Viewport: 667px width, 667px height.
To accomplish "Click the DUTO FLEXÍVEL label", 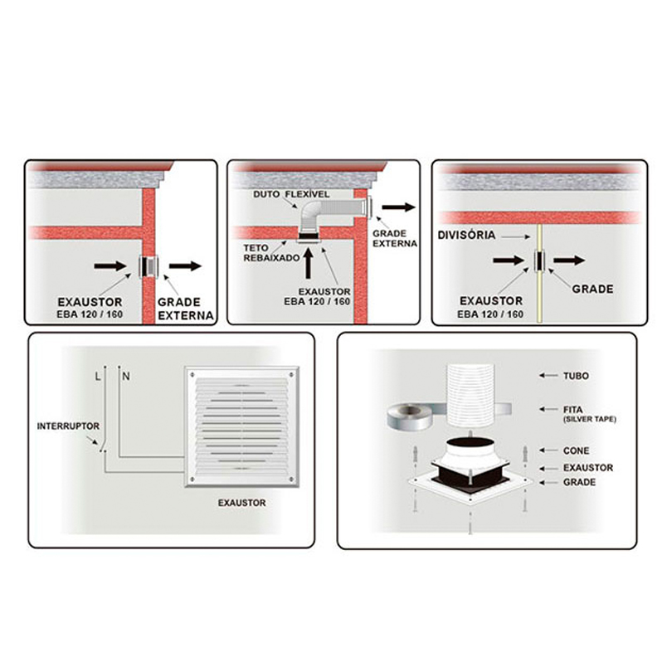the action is click(x=291, y=194).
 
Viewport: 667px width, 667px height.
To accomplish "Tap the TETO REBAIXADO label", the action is click(x=271, y=253).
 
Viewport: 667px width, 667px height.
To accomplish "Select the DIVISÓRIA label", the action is click(x=466, y=235).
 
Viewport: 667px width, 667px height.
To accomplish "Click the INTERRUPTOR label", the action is click(x=68, y=426).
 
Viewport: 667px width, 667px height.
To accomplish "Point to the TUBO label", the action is click(x=576, y=376).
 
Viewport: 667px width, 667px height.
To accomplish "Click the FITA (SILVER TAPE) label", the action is click(x=590, y=414).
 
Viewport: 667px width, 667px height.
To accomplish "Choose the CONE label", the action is click(x=576, y=451).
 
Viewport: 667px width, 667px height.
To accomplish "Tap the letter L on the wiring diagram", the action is click(x=98, y=377).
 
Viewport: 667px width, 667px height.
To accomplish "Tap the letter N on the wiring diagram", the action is click(x=126, y=377).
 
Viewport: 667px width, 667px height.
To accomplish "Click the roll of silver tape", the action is click(x=410, y=416).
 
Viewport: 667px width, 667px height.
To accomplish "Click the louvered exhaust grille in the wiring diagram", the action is click(x=242, y=426).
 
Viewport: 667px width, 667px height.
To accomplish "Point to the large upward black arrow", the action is click(x=309, y=263).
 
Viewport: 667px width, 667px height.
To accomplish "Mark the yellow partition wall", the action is click(x=539, y=273).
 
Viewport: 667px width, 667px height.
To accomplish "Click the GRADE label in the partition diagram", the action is click(x=592, y=290).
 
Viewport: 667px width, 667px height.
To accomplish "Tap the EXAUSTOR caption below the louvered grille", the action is click(x=241, y=503).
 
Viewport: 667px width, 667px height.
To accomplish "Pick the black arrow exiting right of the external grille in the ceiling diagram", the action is click(x=398, y=207).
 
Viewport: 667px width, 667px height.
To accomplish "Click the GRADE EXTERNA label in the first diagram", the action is click(x=186, y=309).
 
